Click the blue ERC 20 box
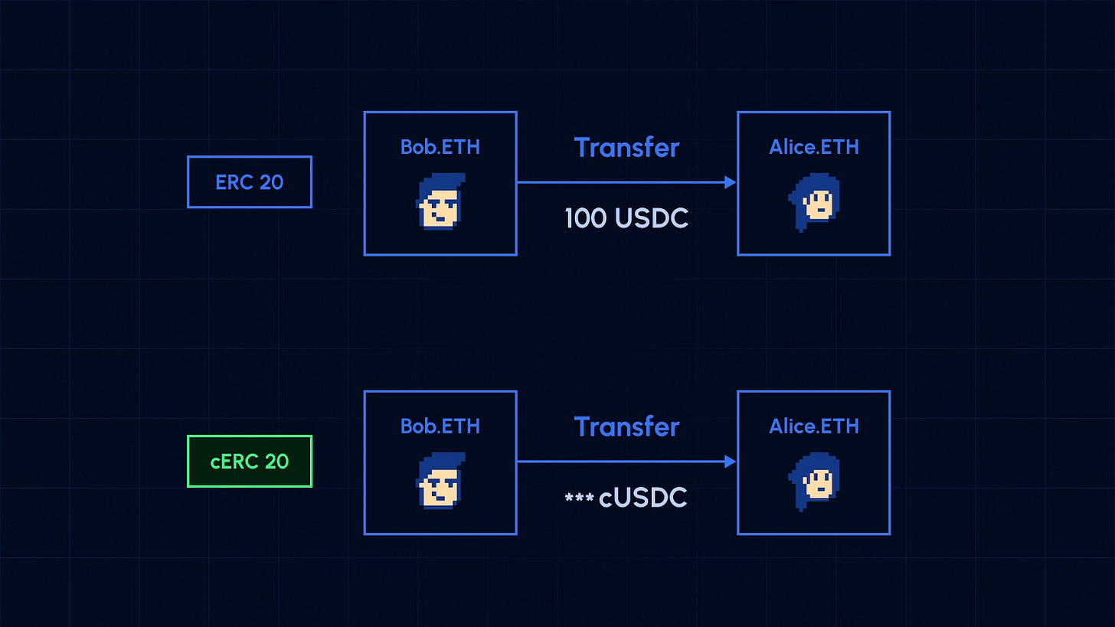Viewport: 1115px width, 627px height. (x=250, y=182)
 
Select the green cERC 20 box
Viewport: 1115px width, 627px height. (x=250, y=462)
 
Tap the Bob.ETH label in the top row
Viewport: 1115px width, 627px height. (x=440, y=147)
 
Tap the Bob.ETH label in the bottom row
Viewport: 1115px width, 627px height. (x=440, y=426)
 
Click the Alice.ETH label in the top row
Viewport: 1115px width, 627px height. (x=813, y=147)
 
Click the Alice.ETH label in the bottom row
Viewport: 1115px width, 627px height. (x=813, y=426)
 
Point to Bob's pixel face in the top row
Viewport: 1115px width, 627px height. (x=440, y=201)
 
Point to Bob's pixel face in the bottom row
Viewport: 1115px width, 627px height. (x=440, y=481)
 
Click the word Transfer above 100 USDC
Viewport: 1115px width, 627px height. (x=626, y=147)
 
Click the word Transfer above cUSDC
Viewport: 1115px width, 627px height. (x=626, y=426)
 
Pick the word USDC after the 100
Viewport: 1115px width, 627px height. (x=652, y=219)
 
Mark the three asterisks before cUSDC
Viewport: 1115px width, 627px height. (x=579, y=498)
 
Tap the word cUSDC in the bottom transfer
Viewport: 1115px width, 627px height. (x=643, y=498)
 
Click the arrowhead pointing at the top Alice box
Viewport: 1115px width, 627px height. (x=730, y=182)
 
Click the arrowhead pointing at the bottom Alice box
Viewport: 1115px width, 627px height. (x=730, y=462)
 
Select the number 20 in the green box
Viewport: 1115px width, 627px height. (x=276, y=462)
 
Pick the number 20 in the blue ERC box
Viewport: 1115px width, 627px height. (x=271, y=182)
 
